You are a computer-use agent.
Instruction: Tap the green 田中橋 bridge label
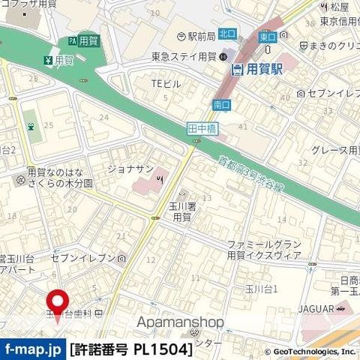click(x=197, y=130)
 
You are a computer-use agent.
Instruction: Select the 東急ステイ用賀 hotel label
click(x=183, y=55)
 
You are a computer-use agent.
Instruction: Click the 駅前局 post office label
click(x=196, y=36)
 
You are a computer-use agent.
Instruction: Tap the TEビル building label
click(x=166, y=84)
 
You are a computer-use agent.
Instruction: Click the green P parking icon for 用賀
click(x=72, y=40)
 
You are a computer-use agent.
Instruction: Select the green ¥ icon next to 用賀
click(x=47, y=60)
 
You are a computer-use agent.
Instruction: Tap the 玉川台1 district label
click(x=263, y=288)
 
